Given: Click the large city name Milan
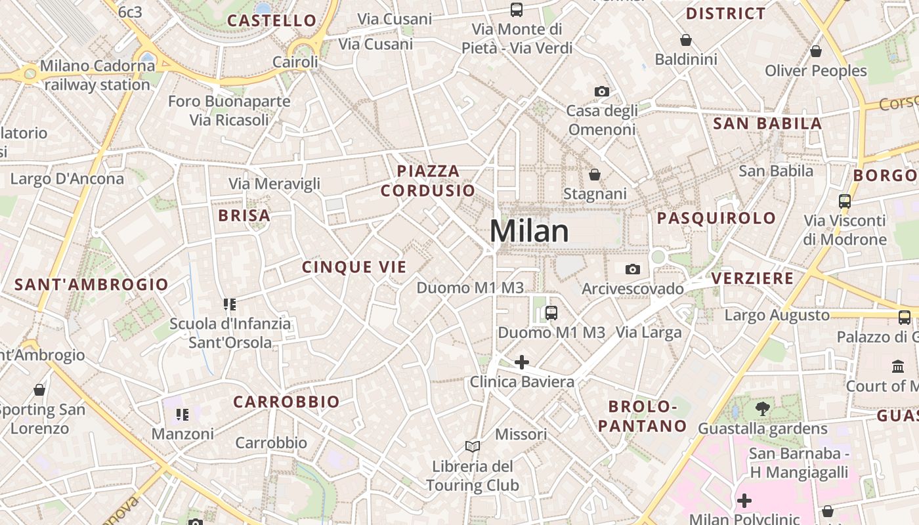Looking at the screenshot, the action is [x=529, y=232].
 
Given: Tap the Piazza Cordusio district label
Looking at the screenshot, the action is [x=428, y=181].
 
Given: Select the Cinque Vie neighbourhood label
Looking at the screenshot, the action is [x=354, y=267].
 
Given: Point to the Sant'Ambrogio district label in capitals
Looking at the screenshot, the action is [x=91, y=285].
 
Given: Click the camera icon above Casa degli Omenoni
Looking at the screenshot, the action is [x=602, y=92].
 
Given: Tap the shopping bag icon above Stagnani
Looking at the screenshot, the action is [x=595, y=175].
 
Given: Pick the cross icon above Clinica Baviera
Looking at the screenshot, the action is [x=522, y=362].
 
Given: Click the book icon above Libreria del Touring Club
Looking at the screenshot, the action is [x=473, y=447].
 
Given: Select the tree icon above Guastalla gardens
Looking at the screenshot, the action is [x=763, y=409].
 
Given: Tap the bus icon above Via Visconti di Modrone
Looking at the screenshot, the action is [x=845, y=201].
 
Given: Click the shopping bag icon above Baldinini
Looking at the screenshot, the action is [x=686, y=41].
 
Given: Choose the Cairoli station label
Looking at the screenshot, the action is [x=295, y=62].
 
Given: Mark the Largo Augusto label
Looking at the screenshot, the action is [x=777, y=316].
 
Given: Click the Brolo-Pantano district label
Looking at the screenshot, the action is [x=642, y=416].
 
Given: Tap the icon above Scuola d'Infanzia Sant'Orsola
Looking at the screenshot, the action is [x=229, y=304].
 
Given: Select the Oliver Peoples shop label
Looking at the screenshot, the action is [x=816, y=71].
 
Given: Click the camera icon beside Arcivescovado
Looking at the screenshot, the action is [x=633, y=270].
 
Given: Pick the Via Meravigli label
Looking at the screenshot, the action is [x=274, y=184].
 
